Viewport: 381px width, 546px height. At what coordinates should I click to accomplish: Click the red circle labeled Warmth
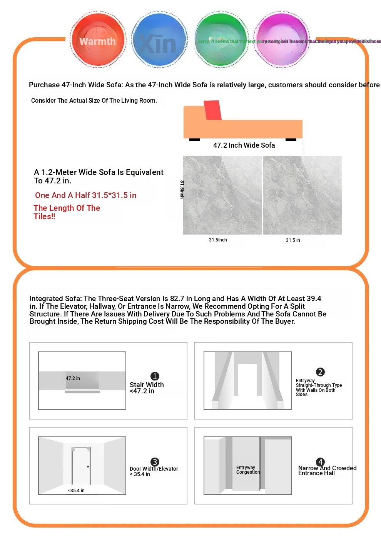[98, 40]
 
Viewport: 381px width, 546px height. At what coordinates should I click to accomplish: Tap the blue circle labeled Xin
[159, 40]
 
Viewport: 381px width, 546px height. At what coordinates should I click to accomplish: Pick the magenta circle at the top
[282, 40]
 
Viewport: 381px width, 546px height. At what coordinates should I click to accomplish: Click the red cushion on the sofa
[212, 110]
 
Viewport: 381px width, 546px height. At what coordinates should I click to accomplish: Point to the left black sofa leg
[195, 140]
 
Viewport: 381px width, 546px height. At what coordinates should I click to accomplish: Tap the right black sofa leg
[291, 140]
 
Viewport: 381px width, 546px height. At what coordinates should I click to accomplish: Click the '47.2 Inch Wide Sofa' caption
[244, 145]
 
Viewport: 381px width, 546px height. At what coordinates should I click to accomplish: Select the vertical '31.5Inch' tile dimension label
[182, 189]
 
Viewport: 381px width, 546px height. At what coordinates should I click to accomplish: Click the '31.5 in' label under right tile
[293, 240]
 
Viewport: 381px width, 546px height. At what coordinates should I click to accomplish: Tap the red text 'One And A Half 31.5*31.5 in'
[86, 195]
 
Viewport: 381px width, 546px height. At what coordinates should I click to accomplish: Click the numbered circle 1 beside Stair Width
[155, 376]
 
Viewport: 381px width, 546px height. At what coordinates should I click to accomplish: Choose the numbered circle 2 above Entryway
[320, 372]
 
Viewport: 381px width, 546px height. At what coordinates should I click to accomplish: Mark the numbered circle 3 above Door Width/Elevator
[155, 462]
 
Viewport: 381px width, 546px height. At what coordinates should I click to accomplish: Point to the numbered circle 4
[320, 462]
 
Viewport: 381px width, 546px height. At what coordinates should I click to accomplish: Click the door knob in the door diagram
[88, 467]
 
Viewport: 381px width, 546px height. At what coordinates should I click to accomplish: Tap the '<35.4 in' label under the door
[76, 491]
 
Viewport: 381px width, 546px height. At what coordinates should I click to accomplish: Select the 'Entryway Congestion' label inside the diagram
[248, 470]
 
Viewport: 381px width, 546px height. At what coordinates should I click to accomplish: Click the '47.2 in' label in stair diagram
[73, 378]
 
